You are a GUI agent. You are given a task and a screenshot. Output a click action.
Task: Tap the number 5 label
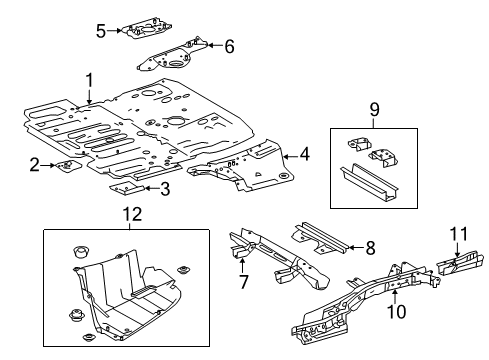point(101,31)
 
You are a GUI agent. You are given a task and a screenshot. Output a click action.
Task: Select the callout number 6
point(229,46)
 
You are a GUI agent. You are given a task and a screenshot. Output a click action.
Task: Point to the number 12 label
point(132,214)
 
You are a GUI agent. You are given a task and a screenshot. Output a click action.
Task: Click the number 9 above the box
point(374,109)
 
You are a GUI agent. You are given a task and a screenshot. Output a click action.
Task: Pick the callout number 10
point(396,311)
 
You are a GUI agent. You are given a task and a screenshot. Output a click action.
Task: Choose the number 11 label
point(459,234)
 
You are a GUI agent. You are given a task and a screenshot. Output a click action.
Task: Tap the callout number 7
point(244,282)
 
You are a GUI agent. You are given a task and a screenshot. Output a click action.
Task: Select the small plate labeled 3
point(126,188)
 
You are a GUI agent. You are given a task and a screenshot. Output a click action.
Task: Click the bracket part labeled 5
point(147,30)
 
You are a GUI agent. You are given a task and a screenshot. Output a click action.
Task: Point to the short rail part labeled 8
point(319,239)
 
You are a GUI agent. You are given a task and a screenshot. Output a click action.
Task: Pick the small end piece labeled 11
point(460,264)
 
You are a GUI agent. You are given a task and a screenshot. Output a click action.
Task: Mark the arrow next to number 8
point(355,247)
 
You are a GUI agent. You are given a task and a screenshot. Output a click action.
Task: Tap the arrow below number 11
point(457,250)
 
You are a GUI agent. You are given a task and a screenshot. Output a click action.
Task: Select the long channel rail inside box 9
point(369,182)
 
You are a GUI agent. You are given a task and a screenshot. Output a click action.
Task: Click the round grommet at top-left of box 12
point(81,251)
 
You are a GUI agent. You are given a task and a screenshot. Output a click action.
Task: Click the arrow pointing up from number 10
point(395,296)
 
